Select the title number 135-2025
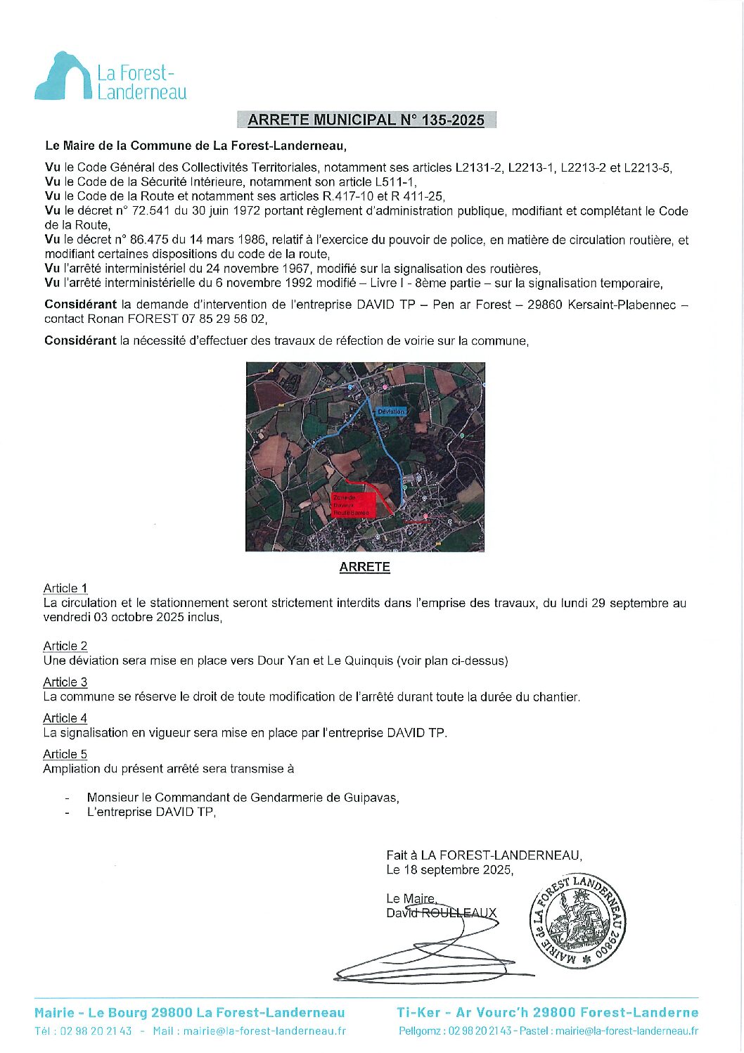click(453, 120)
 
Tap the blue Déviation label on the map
click(390, 411)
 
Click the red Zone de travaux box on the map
click(350, 505)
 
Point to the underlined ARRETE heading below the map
click(364, 567)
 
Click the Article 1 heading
click(65, 588)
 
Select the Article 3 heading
click(65, 682)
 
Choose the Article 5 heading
click(65, 754)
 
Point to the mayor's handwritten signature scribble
click(436, 950)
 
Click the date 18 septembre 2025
click(458, 869)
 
